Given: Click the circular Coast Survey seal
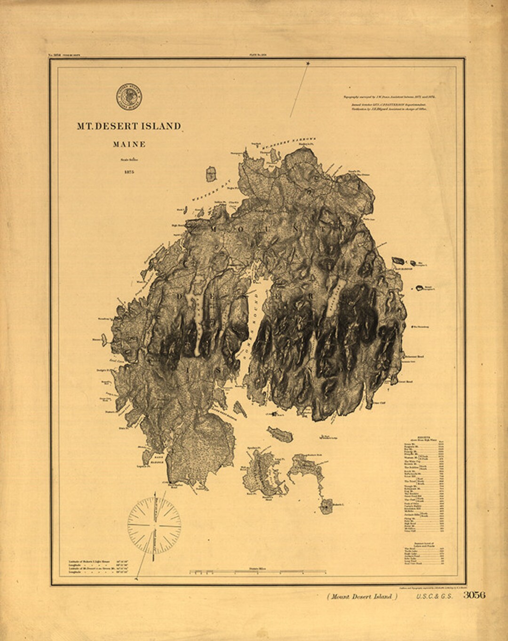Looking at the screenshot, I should coord(129,97).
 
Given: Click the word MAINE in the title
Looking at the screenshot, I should coord(129,145).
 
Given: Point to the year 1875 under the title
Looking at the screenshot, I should coord(129,172).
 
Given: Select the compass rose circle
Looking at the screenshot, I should coord(154,525).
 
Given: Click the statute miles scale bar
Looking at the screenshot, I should coord(257,572).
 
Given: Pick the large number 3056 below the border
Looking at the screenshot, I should coord(474,595).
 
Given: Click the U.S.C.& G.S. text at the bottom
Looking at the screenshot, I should coord(434,597).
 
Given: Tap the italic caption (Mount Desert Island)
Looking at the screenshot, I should coord(362,597).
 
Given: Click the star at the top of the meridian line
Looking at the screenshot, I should coord(308,63).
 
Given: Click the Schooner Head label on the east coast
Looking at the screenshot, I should coord(414,357).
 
